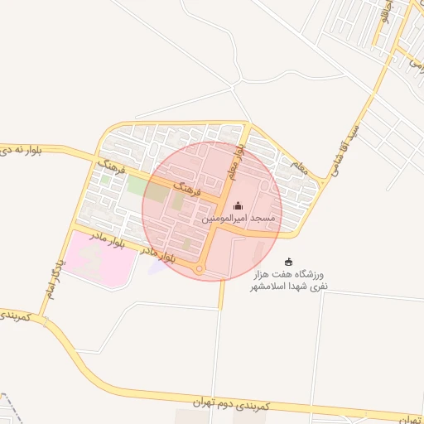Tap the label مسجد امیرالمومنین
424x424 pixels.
(x=239, y=218)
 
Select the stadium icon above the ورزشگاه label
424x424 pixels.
(x=288, y=263)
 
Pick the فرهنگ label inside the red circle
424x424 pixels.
(x=187, y=188)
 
